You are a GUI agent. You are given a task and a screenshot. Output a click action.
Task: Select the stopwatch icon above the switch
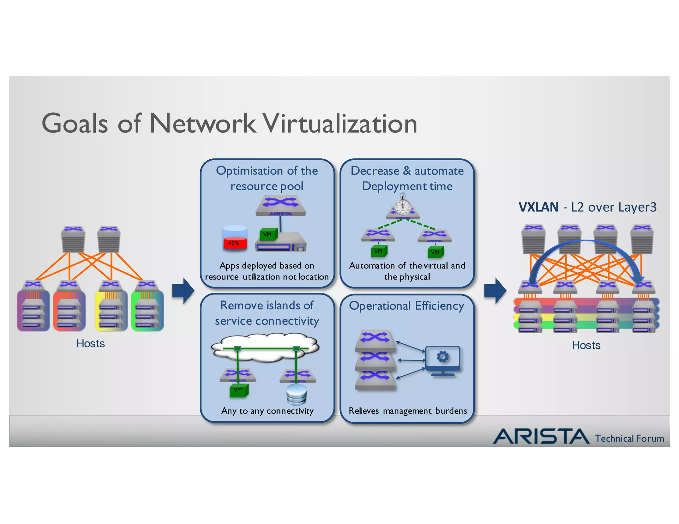(403, 205)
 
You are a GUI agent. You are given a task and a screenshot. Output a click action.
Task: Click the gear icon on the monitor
(443, 357)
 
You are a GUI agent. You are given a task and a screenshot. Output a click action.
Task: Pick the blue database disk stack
(296, 395)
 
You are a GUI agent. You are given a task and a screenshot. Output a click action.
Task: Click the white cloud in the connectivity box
(265, 348)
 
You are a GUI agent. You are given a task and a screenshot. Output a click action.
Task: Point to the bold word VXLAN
(538, 207)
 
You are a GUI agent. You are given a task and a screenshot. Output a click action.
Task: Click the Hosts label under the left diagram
(91, 343)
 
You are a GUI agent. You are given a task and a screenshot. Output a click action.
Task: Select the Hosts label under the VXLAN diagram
(586, 345)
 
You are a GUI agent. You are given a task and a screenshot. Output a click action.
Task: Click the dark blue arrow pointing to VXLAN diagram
(495, 290)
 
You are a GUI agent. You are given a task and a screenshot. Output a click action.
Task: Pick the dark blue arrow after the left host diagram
(183, 290)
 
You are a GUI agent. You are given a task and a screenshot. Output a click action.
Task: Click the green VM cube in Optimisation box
(267, 235)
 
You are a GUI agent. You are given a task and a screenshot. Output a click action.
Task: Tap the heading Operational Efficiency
(406, 305)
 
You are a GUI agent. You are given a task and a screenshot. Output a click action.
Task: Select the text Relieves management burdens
(407, 411)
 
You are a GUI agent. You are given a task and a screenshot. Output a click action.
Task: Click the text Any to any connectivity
(267, 411)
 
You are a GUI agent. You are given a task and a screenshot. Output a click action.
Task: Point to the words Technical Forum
(629, 438)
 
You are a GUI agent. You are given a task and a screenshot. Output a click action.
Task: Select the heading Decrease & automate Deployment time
(407, 178)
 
